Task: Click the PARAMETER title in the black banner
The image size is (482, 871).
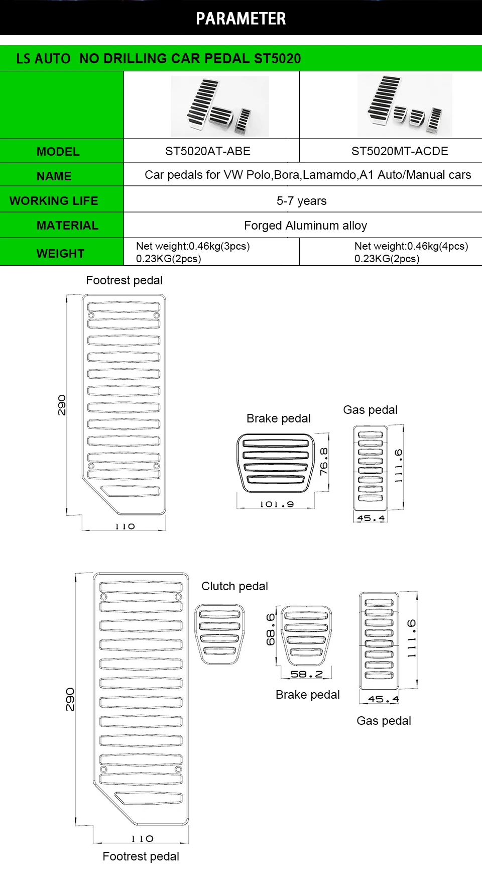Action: pos(240,19)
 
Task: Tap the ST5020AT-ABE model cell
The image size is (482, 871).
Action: pos(207,151)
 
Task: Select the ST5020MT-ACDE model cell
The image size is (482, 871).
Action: pos(400,151)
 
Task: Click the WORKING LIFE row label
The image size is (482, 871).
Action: pos(54,201)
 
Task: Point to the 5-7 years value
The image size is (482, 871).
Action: pos(301,201)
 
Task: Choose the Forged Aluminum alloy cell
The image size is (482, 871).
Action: pos(305,226)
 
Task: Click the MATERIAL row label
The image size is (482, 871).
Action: pos(67,226)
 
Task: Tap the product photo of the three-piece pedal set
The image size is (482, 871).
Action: pos(220,106)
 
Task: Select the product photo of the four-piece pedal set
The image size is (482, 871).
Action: pos(405,105)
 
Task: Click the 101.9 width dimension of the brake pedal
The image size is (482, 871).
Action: pos(277,504)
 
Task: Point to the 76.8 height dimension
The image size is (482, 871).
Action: pos(324,462)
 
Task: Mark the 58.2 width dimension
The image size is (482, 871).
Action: pos(306,674)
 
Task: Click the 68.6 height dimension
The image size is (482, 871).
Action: pos(271,629)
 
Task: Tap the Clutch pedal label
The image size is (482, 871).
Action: pos(234,586)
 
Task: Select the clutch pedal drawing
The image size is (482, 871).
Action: pos(219,634)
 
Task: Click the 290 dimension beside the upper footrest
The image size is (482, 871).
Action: pos(61,405)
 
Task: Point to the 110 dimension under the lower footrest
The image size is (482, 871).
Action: pos(142,839)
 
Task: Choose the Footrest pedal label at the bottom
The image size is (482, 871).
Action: pos(141,856)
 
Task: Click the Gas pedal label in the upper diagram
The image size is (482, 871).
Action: pos(370,410)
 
